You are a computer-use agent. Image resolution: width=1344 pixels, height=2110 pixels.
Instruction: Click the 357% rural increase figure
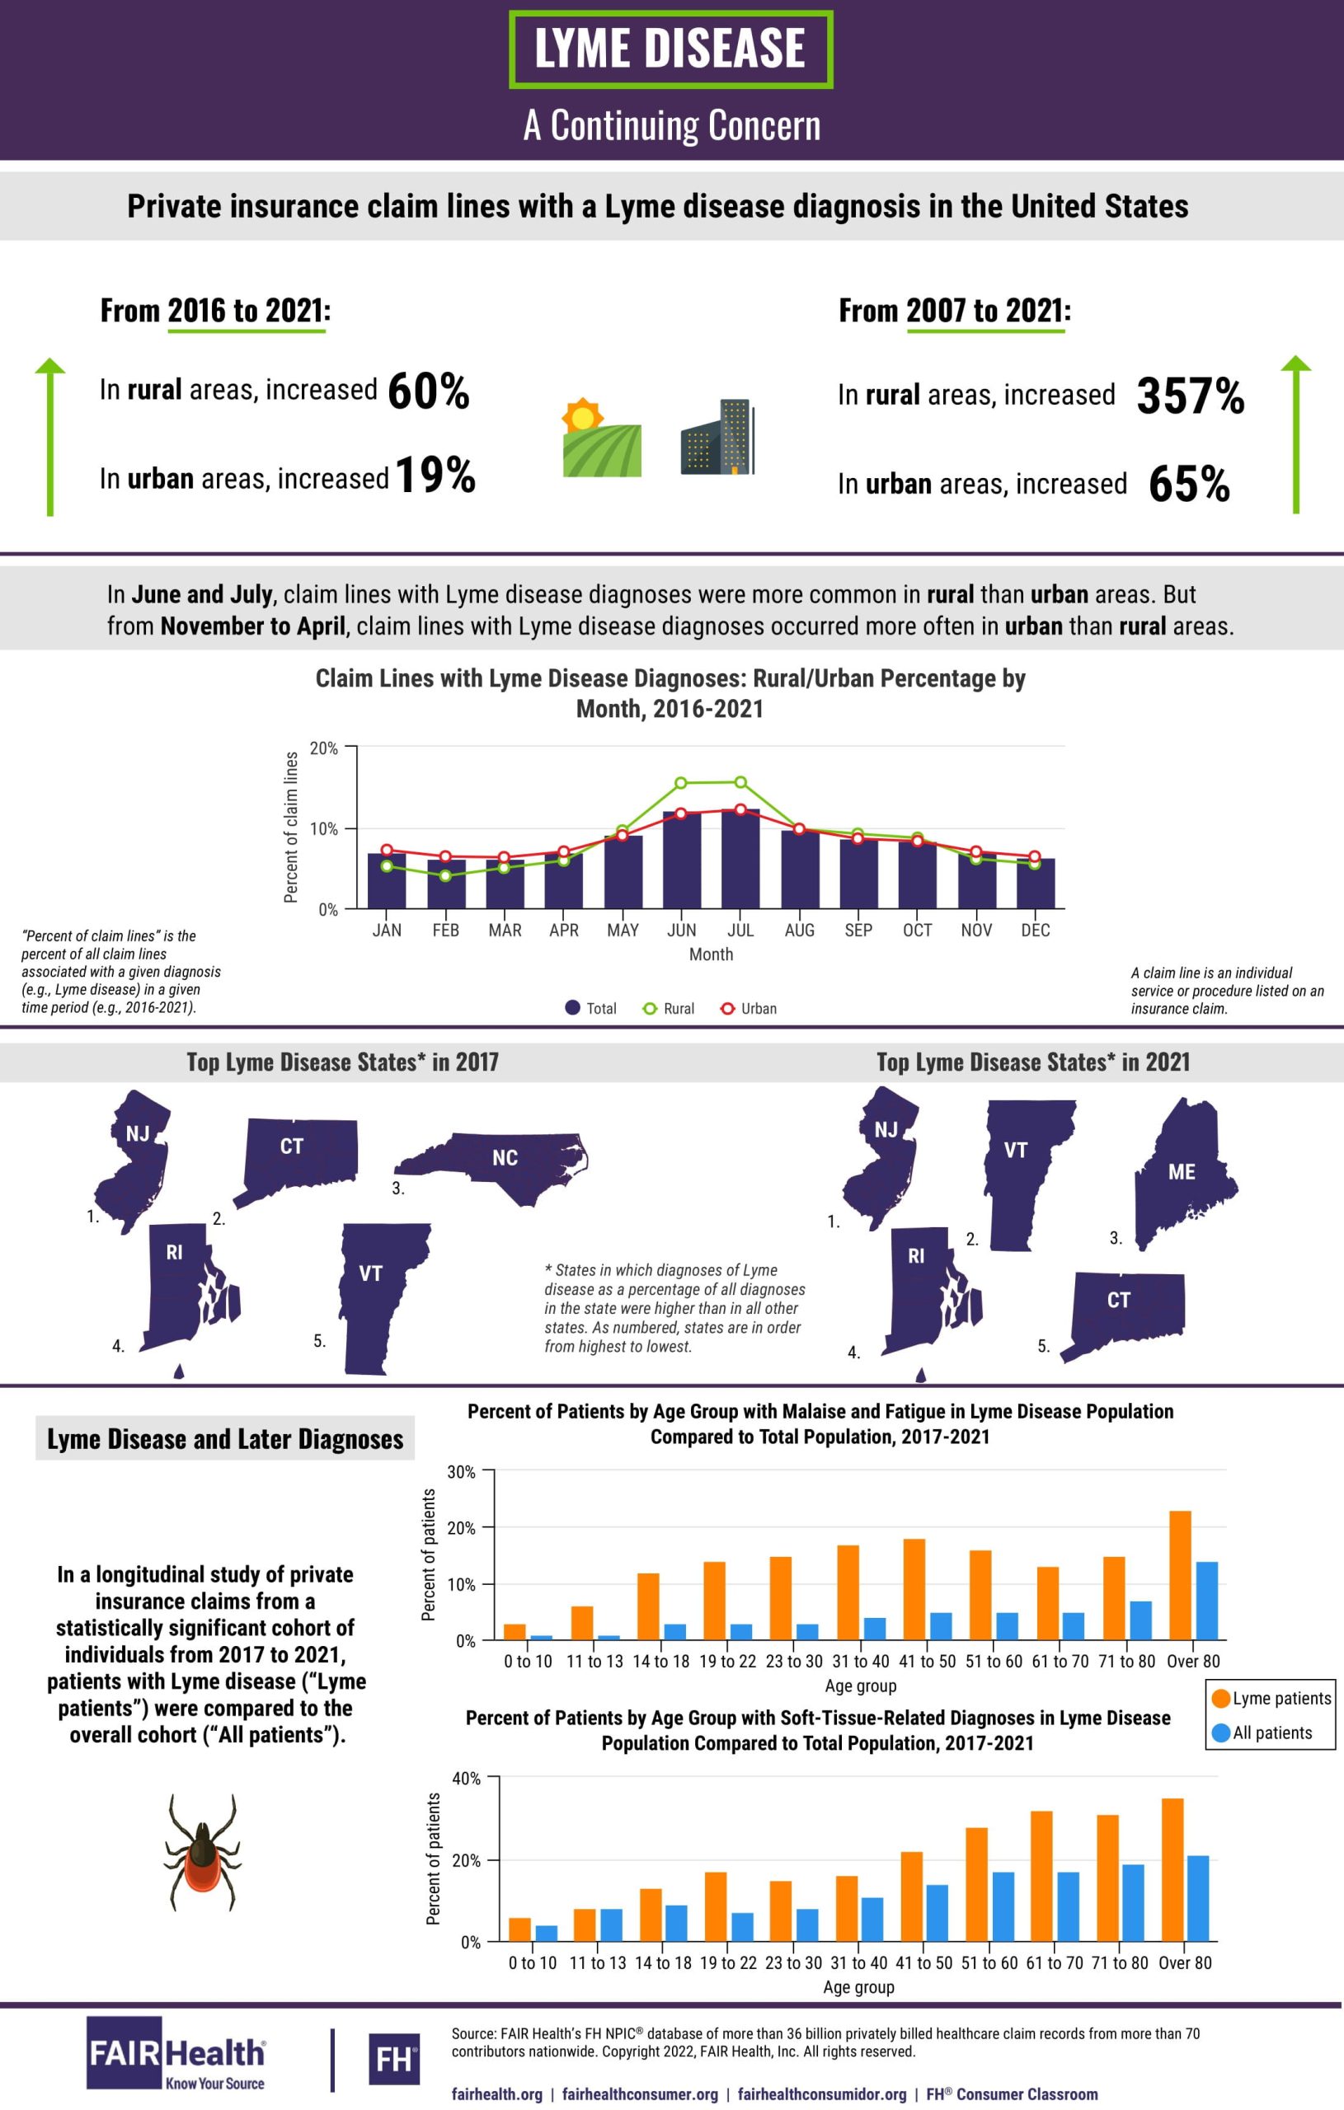coord(1190,396)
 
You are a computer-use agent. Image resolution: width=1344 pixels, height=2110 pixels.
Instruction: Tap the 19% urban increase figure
coord(435,476)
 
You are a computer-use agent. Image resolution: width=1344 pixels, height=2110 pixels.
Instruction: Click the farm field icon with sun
coord(600,438)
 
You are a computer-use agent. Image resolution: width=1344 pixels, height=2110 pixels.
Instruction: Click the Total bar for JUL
coord(740,859)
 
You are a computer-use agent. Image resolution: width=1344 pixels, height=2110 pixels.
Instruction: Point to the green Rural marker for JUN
coord(681,782)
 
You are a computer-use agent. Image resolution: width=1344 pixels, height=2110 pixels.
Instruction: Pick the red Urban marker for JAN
coord(387,850)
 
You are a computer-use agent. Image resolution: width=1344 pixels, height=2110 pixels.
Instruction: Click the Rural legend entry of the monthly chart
coord(670,1009)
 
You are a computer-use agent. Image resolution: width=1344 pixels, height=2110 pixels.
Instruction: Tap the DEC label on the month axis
coord(1036,930)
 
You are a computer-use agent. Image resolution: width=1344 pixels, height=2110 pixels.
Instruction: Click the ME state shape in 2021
coord(1182,1170)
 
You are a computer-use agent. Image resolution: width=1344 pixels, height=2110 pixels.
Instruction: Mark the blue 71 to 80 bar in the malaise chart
coord(1140,1620)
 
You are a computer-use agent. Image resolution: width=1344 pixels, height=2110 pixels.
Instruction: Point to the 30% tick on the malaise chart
coord(462,1472)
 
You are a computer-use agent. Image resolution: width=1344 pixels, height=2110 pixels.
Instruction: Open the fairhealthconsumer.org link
coord(640,2094)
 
